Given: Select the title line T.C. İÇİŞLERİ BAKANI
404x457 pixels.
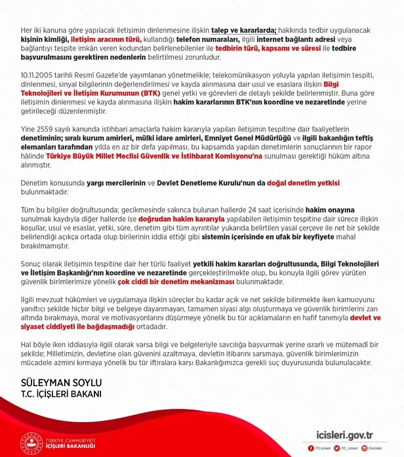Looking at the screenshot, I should tap(60, 394).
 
